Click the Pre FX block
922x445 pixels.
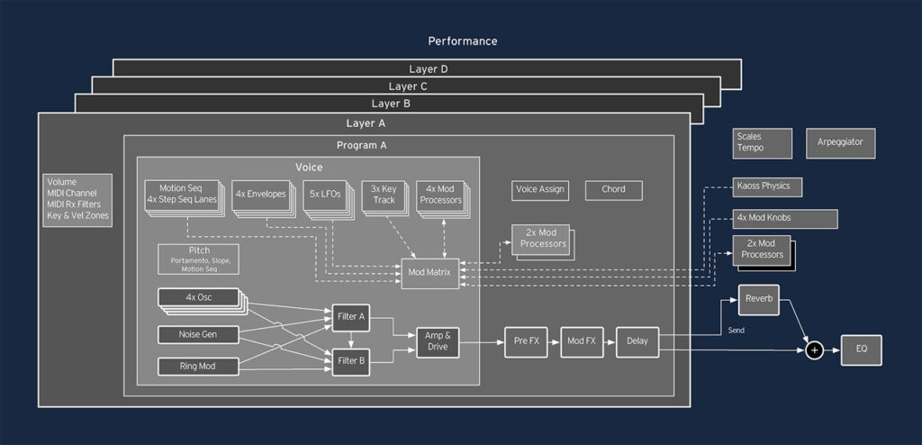pyautogui.click(x=526, y=341)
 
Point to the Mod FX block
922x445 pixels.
pyautogui.click(x=582, y=341)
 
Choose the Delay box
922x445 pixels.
pyautogui.click(x=637, y=341)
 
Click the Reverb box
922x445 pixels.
pyautogui.click(x=758, y=300)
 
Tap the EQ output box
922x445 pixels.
pyautogui.click(x=861, y=350)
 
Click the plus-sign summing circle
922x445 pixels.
pyautogui.click(x=814, y=350)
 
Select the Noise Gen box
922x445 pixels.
pyautogui.click(x=198, y=335)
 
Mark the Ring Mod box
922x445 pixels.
pyautogui.click(x=198, y=366)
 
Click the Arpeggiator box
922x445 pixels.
pyautogui.click(x=845, y=143)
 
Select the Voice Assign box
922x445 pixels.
pyautogui.click(x=539, y=190)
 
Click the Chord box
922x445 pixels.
pyautogui.click(x=614, y=190)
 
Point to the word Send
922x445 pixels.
pyautogui.click(x=737, y=331)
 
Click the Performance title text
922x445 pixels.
pyautogui.click(x=462, y=41)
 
